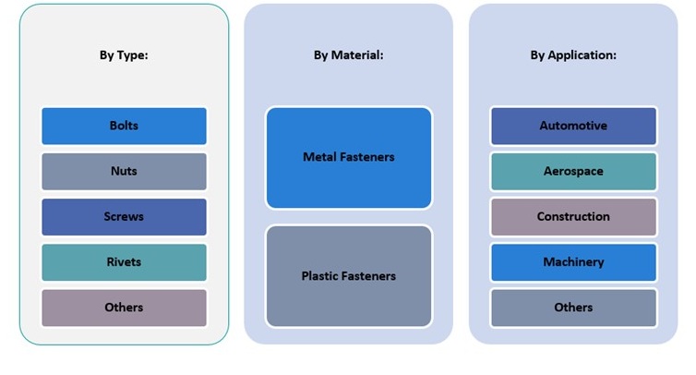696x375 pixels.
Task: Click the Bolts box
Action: (124, 126)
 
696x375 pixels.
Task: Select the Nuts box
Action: (124, 171)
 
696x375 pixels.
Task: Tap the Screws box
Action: (124, 216)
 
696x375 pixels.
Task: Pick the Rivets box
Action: (124, 261)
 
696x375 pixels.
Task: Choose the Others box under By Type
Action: (124, 307)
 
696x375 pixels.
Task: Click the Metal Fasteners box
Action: (348, 157)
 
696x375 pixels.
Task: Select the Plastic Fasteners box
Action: (348, 275)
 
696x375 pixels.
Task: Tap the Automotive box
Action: (573, 126)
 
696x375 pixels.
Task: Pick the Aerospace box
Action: (573, 171)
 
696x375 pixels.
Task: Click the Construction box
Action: (573, 216)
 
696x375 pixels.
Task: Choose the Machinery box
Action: (573, 261)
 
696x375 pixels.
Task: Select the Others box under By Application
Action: (573, 307)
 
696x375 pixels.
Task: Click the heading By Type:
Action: (124, 55)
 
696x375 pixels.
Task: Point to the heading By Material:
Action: (348, 55)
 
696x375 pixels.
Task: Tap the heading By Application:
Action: (573, 55)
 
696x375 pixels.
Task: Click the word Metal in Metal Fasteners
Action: (319, 157)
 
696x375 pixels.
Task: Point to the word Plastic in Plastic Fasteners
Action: (320, 275)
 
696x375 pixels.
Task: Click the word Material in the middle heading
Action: (358, 55)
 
